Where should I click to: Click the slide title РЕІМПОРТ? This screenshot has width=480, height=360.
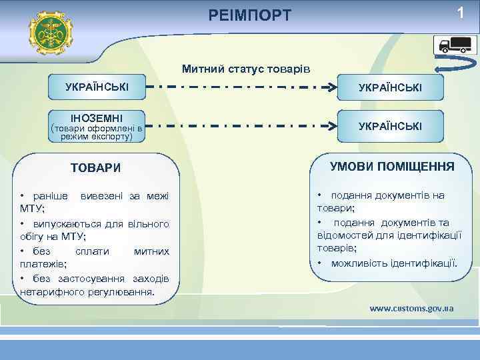coord(250,15)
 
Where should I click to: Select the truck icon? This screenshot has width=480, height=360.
coord(454,45)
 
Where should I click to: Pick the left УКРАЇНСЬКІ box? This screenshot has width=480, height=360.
coord(97,87)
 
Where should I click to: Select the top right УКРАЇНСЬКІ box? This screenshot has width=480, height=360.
coord(390,87)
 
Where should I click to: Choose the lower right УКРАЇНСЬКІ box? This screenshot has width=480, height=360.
coord(390,125)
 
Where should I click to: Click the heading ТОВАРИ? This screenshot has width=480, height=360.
coord(96,167)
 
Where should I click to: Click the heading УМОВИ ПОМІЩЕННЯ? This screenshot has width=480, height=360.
coord(392,166)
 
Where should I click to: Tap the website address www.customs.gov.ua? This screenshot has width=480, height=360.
coord(411,308)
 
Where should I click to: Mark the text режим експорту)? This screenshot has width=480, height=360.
coord(97,137)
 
